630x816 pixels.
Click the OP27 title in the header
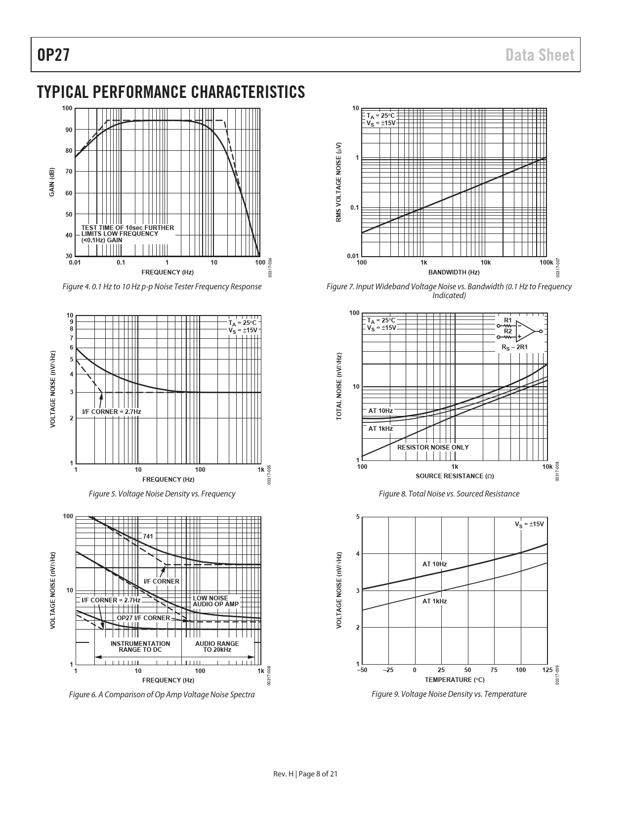click(x=53, y=55)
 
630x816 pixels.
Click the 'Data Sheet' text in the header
click(x=540, y=55)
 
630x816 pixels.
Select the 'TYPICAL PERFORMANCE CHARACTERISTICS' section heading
click(x=170, y=92)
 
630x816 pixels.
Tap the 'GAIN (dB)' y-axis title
click(x=51, y=182)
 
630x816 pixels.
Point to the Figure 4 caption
click(x=162, y=286)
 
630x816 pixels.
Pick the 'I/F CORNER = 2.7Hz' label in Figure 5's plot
click(x=111, y=411)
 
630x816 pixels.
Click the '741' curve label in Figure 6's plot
click(x=148, y=536)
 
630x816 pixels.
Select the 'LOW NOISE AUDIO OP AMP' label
click(x=215, y=601)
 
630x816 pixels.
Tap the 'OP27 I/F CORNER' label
click(x=143, y=618)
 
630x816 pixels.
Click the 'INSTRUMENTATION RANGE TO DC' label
click(x=140, y=646)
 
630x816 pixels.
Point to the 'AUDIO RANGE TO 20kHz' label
click(x=217, y=646)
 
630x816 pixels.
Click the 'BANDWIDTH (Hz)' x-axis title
click(x=454, y=272)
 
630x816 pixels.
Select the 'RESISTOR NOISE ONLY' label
click(x=433, y=447)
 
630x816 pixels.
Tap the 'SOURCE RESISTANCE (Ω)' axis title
click(x=455, y=476)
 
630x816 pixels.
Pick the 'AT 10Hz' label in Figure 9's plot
click(x=434, y=564)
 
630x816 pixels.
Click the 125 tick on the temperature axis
click(x=546, y=670)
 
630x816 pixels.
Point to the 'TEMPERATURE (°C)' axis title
click(x=455, y=680)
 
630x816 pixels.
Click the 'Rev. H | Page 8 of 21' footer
click(x=305, y=774)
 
